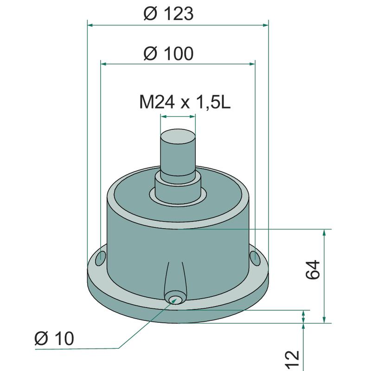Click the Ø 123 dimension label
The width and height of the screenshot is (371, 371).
168,13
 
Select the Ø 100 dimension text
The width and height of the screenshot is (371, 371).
168,53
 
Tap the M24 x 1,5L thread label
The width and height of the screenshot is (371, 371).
185,102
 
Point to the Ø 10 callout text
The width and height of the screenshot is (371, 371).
54,338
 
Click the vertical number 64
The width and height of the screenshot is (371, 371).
313,270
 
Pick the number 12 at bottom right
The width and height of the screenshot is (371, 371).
293,360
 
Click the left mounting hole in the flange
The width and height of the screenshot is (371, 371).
101,258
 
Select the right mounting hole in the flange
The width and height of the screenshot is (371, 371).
255,258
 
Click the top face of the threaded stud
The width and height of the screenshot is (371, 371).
178,136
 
